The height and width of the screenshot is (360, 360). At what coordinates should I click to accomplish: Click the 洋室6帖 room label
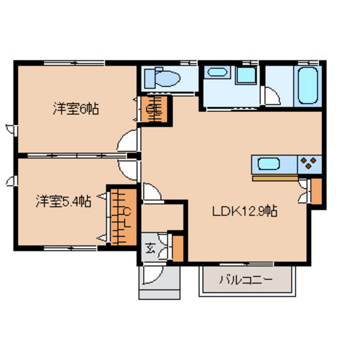coord(76,109)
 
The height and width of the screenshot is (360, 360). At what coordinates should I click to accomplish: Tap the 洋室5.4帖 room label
coord(64,201)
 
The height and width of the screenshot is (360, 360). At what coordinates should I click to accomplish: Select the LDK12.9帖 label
coord(245,212)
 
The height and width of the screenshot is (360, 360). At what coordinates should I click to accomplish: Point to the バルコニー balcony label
coord(246,280)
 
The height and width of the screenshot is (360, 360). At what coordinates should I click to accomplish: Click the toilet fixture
coord(162,78)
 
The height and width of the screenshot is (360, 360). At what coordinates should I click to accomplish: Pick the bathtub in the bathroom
coord(308,85)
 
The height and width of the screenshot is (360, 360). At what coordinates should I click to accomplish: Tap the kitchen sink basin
coord(269,164)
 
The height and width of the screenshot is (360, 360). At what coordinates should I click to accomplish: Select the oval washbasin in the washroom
coord(217,72)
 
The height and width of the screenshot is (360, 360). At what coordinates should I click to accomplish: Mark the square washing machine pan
coord(246,75)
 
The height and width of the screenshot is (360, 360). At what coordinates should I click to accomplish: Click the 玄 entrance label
coord(150,248)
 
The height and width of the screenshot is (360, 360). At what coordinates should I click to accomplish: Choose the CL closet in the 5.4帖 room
coord(123,217)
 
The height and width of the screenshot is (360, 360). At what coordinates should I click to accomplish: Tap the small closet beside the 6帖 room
coord(154,109)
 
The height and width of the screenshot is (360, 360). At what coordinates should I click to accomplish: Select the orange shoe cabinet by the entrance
coord(178,249)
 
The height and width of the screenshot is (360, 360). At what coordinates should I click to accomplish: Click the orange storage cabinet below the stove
coord(316,192)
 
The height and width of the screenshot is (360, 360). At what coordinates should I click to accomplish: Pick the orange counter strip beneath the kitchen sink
coord(275,178)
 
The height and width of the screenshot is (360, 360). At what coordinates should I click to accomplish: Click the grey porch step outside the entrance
coord(159,294)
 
